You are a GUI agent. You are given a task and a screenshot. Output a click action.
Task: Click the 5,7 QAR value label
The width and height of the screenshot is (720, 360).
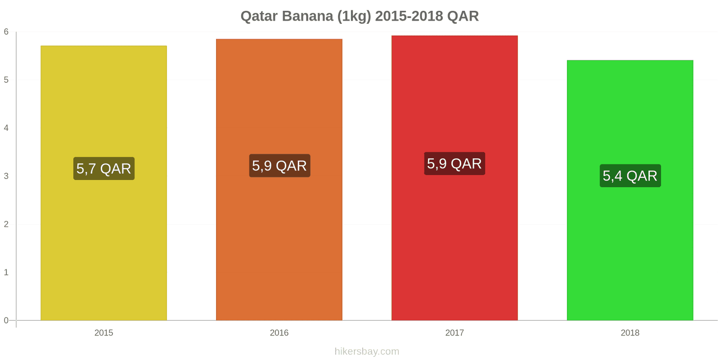[104, 169]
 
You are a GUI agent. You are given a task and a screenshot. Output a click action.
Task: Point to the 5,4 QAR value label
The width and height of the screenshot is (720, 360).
[630, 176]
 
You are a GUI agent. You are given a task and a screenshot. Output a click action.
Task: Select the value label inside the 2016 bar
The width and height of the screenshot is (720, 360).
[279, 166]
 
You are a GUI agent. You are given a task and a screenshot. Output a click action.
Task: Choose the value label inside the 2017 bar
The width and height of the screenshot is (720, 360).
[454, 164]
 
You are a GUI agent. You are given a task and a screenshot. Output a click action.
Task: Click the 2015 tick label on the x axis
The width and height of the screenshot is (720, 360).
[103, 333]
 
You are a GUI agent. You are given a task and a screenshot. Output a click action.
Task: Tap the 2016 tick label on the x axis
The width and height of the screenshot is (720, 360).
[279, 333]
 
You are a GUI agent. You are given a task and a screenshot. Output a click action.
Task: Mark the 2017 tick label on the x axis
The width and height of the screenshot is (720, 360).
[454, 333]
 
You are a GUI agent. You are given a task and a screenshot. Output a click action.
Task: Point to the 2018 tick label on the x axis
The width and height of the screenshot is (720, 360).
[630, 333]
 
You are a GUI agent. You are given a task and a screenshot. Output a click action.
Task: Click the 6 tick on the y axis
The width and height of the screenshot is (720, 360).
[6, 32]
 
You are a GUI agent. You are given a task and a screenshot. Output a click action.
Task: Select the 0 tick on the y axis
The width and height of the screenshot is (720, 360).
[6, 320]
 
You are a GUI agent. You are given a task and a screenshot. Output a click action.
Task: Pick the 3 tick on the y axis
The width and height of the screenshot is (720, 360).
[6, 176]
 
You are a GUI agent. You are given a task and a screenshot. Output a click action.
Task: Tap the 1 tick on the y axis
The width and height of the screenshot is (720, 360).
[6, 272]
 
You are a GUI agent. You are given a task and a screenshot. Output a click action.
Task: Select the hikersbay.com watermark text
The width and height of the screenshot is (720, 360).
[367, 351]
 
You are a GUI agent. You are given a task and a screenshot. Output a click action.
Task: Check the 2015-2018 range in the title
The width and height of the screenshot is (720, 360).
[409, 16]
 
